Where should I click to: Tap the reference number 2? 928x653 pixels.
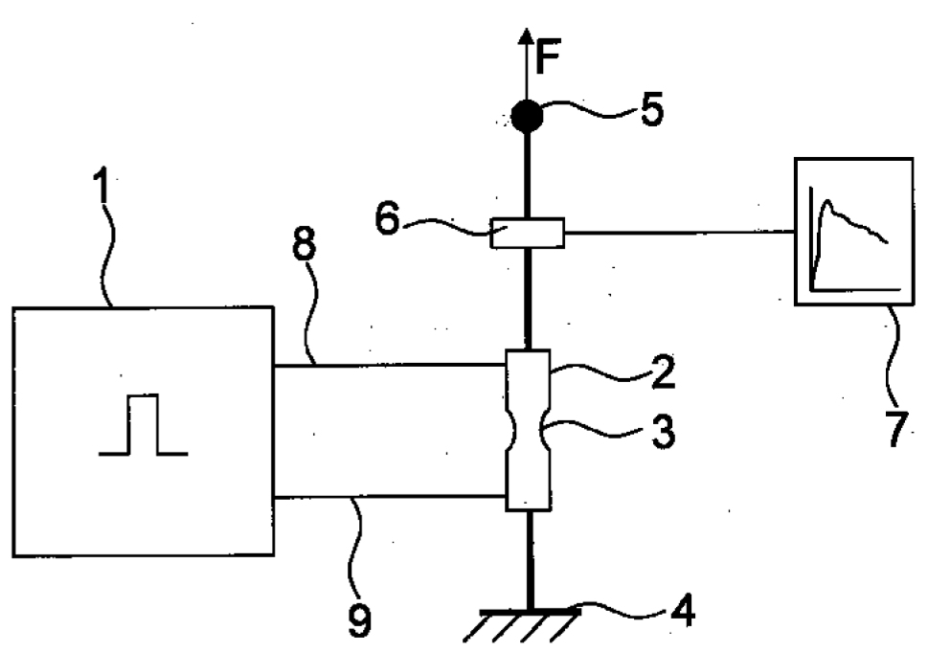663,373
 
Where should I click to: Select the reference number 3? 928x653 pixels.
663,431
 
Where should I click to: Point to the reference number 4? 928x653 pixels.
683,611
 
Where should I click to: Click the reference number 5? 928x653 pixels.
652,110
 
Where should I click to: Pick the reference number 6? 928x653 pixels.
388,219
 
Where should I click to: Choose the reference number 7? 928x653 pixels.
897,428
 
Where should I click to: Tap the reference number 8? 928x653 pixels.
305,244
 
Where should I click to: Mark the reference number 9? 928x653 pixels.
359,621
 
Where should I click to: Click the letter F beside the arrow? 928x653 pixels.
548,57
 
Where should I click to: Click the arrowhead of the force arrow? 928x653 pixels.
526,35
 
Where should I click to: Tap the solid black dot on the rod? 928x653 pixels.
526,116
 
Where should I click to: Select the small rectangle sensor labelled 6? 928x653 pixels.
527,233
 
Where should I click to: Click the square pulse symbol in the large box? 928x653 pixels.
143,424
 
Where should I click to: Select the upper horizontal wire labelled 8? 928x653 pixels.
390,365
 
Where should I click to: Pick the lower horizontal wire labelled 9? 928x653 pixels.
390,497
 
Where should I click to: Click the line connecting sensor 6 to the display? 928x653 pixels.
679,233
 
